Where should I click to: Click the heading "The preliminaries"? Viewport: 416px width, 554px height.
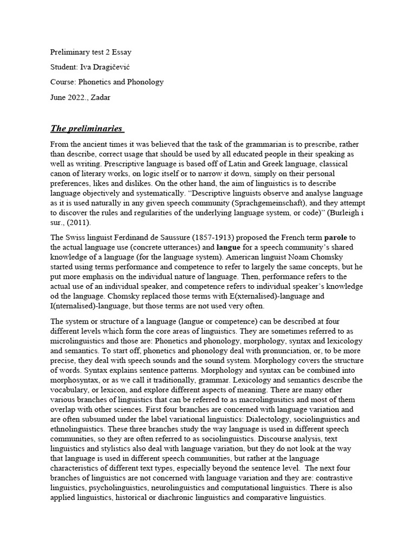coord(87,128)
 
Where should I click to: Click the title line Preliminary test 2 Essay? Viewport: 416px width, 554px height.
coord(90,52)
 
